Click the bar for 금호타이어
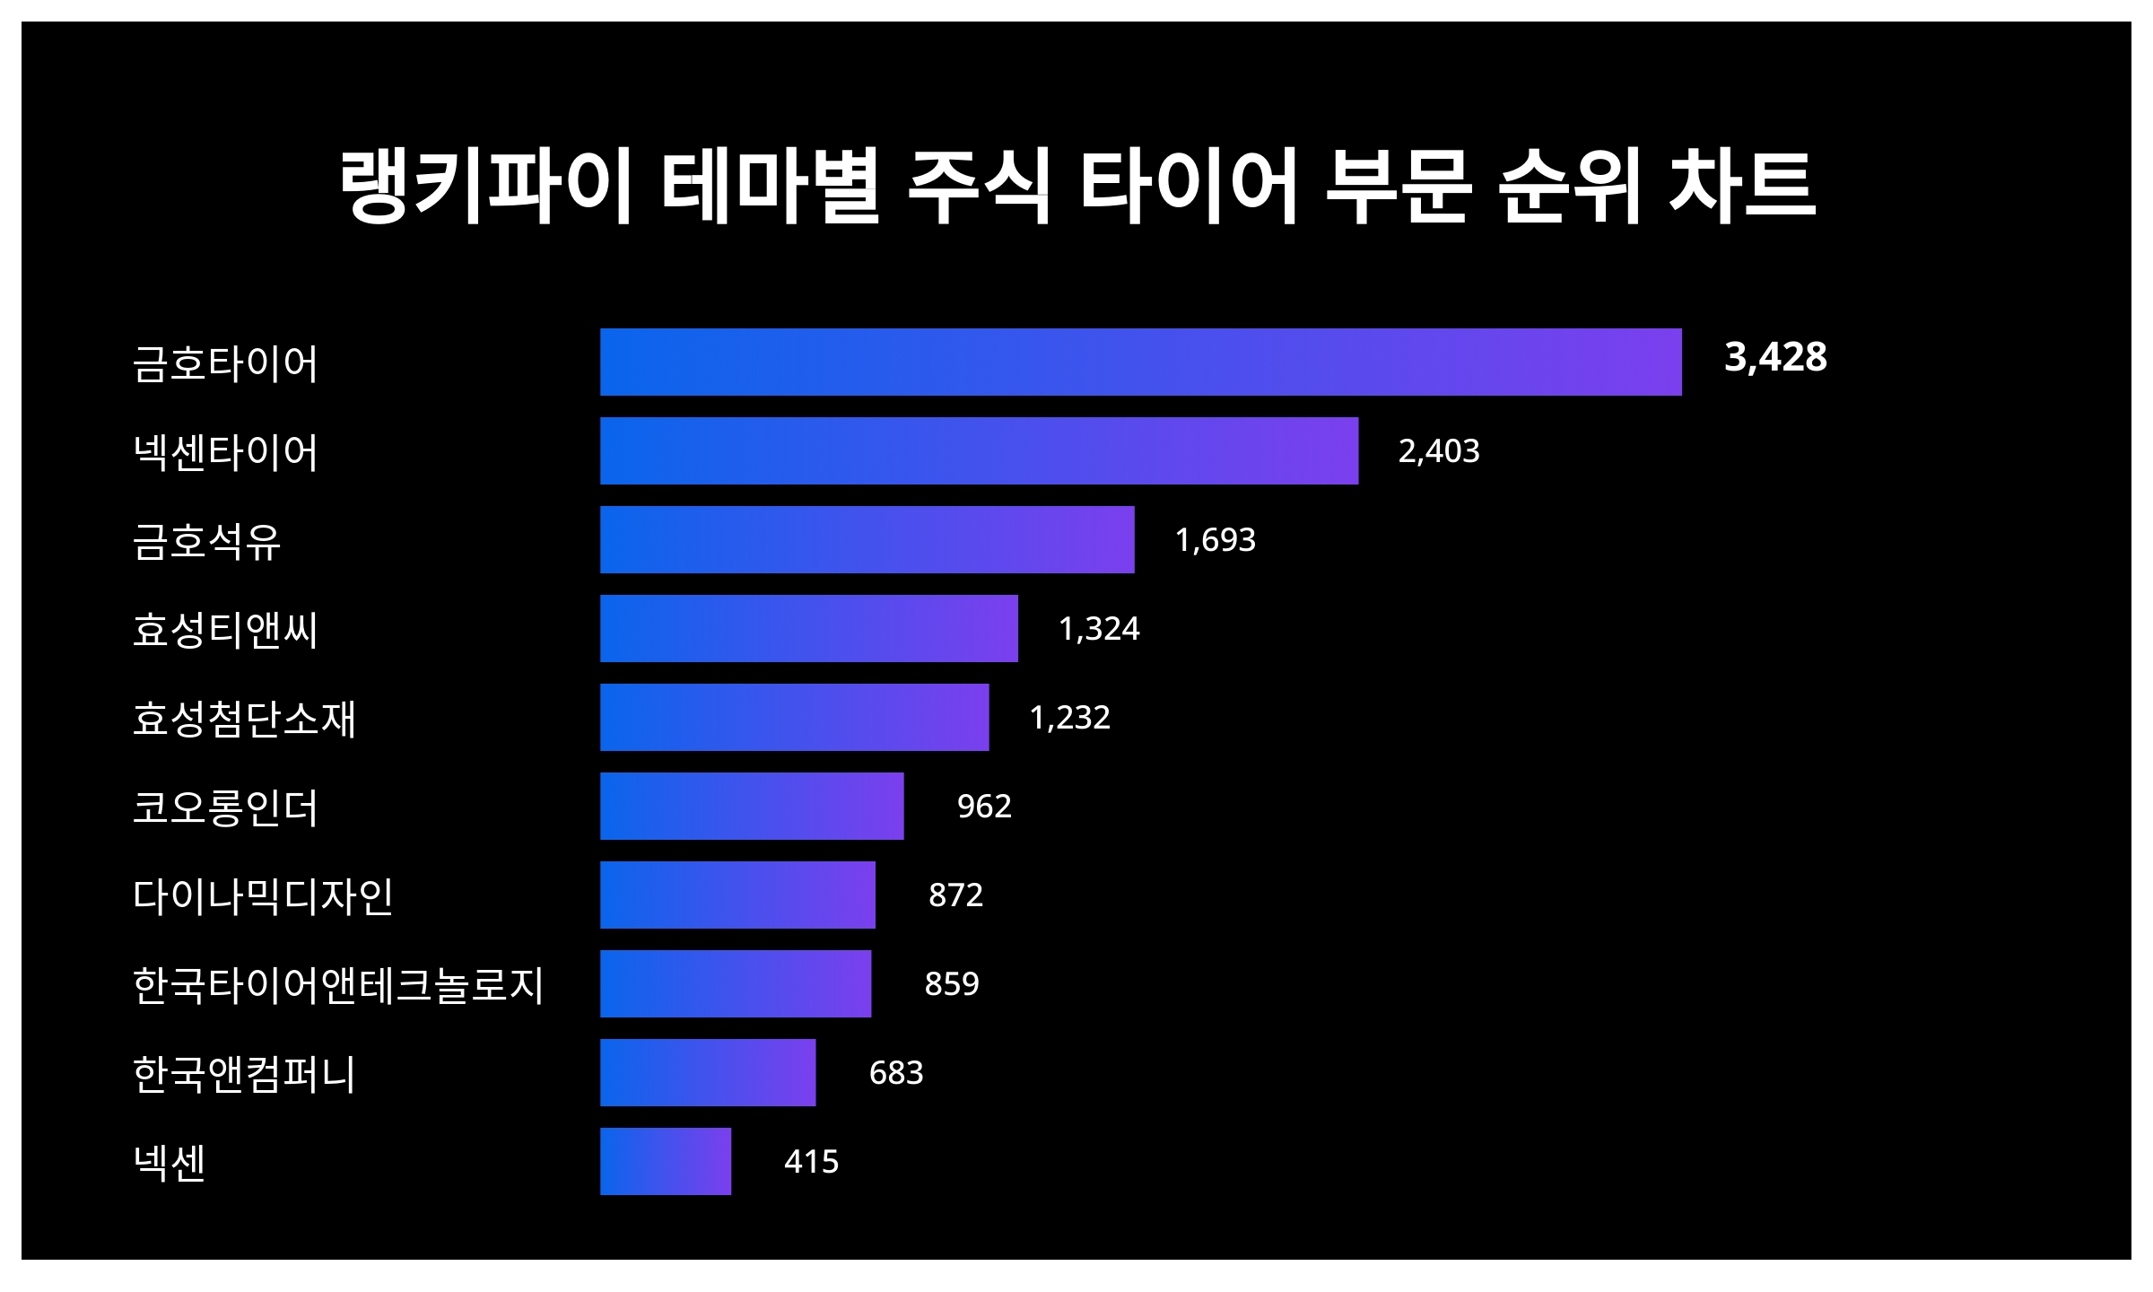[1140, 362]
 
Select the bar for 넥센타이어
[979, 450]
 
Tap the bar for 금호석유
[867, 539]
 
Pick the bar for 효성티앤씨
[808, 628]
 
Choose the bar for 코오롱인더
[752, 806]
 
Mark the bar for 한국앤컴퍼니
[708, 1072]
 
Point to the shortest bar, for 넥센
[666, 1161]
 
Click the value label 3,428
[1775, 357]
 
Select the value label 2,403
[1439, 450]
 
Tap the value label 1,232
[1069, 717]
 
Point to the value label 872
[955, 895]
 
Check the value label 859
[952, 983]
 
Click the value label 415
[811, 1161]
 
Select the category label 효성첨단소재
[244, 718]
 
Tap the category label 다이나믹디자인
[263, 895]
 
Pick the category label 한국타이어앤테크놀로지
[338, 984]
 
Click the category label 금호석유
[207, 540]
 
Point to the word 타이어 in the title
[1189, 186]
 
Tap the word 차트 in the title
[1742, 186]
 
